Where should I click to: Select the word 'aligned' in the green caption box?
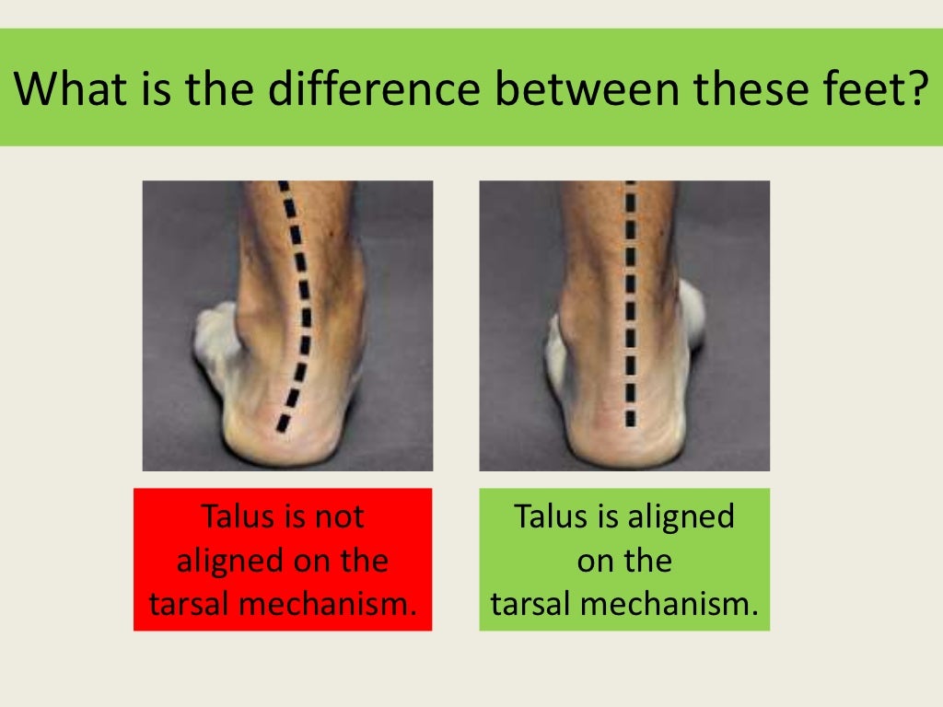[x=680, y=516]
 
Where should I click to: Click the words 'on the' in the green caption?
[x=624, y=561]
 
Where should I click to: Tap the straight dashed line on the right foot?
[x=631, y=304]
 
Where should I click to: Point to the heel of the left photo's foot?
[x=276, y=433]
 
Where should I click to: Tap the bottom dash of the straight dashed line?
[x=631, y=418]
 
